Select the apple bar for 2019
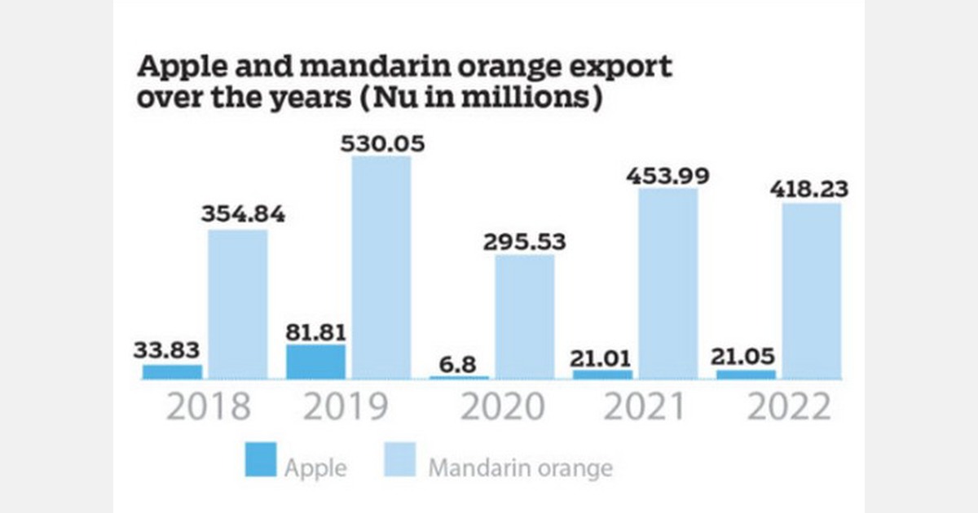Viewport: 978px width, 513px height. pyautogui.click(x=315, y=362)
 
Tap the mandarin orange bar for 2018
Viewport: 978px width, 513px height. pyautogui.click(x=237, y=304)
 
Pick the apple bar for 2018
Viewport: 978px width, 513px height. pyautogui.click(x=172, y=371)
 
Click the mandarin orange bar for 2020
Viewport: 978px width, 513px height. pyautogui.click(x=525, y=317)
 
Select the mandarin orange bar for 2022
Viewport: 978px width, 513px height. pyautogui.click(x=812, y=291)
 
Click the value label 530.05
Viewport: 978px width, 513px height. pyautogui.click(x=381, y=144)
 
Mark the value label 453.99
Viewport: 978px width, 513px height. pyautogui.click(x=668, y=176)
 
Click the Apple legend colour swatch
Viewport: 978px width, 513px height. pyautogui.click(x=260, y=461)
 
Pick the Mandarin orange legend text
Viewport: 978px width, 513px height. pyautogui.click(x=520, y=468)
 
